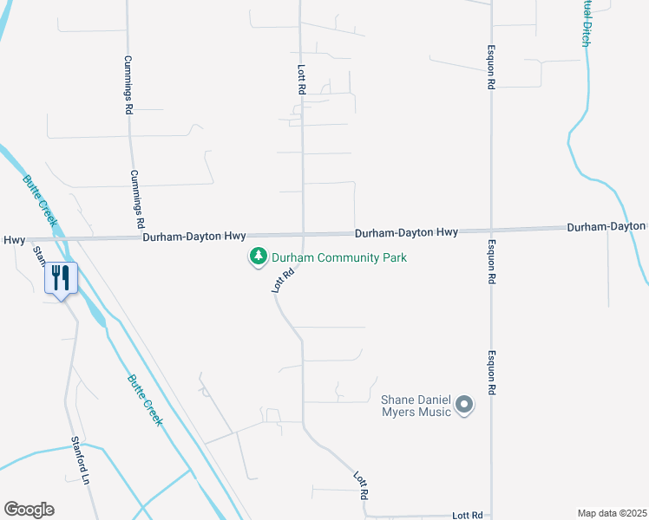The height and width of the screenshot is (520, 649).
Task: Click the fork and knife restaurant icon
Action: [61, 278]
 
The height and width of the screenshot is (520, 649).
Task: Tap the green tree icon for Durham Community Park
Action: [257, 257]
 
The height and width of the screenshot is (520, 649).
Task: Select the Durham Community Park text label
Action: [339, 257]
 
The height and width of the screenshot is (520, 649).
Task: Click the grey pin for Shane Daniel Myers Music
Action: [464, 405]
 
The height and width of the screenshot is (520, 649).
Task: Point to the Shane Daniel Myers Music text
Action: [417, 406]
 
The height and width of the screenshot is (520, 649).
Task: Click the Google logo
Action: [29, 510]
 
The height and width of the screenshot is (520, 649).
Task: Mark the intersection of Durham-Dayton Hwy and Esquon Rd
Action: [491, 231]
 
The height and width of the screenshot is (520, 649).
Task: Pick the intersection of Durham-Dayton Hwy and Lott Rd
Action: [302, 234]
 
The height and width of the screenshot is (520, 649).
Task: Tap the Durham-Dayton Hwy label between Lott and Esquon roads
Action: [406, 232]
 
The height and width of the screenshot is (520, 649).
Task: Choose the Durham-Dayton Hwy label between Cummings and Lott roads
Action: [194, 236]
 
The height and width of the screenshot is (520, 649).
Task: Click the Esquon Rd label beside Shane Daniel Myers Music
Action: [491, 374]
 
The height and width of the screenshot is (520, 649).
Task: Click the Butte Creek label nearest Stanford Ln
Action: [144, 400]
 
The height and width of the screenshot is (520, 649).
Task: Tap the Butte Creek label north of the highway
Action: [42, 200]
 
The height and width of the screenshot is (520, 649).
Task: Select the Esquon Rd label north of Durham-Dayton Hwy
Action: [491, 67]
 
